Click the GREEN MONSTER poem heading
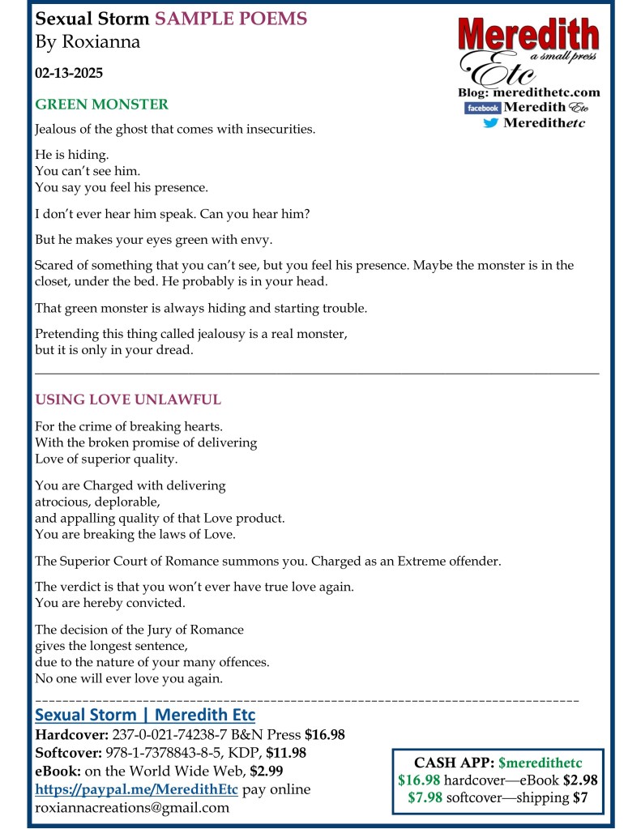pyautogui.click(x=101, y=105)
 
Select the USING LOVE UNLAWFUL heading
pyautogui.click(x=128, y=400)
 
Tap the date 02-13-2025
pyautogui.click(x=69, y=73)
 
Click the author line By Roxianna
pyautogui.click(x=88, y=42)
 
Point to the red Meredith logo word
pyautogui.click(x=528, y=36)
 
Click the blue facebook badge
pyautogui.click(x=481, y=108)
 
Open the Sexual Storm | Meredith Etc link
pyautogui.click(x=145, y=716)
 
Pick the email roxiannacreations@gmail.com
pyautogui.click(x=132, y=807)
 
